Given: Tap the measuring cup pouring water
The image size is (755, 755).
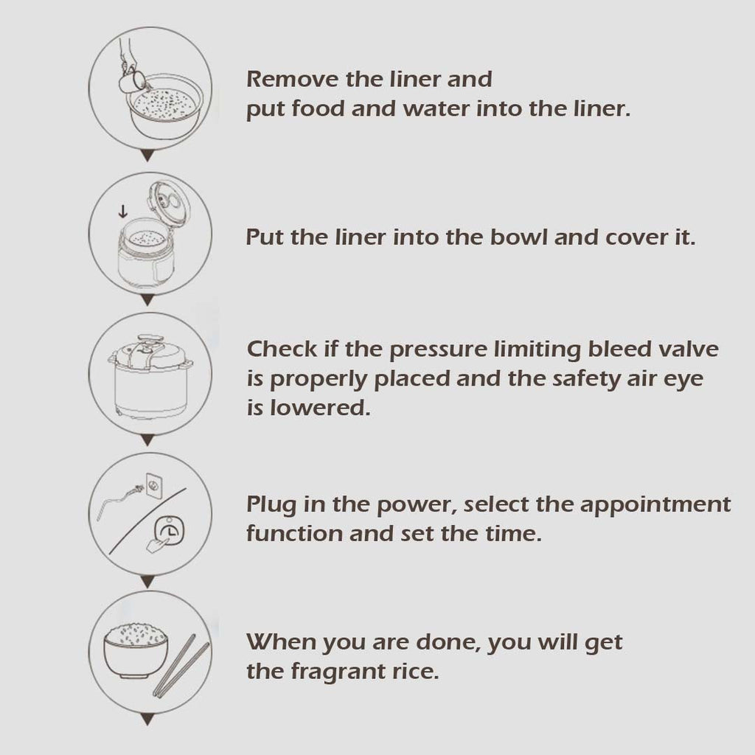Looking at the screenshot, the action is [x=131, y=80].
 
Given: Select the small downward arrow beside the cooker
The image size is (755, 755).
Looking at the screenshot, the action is [x=123, y=211].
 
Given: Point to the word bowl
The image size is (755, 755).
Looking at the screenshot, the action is [x=518, y=237].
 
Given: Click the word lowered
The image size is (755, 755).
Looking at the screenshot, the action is [x=320, y=408].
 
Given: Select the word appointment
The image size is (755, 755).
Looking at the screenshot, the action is [x=655, y=506].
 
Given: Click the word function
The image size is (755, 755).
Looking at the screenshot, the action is [x=294, y=534].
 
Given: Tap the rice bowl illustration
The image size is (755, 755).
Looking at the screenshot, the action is [x=136, y=651].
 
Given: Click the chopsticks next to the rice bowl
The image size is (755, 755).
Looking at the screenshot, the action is [x=181, y=666].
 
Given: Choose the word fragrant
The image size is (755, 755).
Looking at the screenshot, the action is [x=344, y=672].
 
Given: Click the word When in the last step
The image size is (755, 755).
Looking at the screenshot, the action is [x=280, y=642].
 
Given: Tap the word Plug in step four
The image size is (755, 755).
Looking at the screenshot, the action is [x=271, y=506].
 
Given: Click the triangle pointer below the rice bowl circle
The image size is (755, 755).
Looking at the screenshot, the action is [x=147, y=720].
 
